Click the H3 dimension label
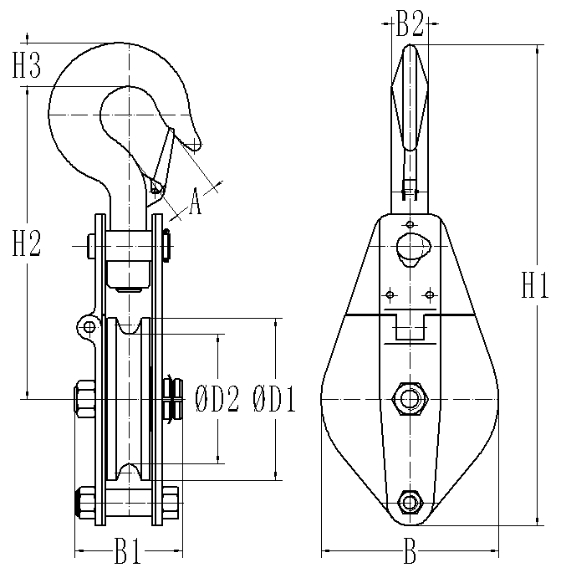coord(26,65)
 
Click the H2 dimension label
coord(26,243)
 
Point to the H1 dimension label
coord(535,285)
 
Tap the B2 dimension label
coord(410,23)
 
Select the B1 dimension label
coord(128,550)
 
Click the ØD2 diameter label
coord(217,399)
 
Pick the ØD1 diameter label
coord(274,399)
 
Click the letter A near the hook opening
coord(195,202)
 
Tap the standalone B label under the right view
coord(410,550)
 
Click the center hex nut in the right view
coord(410,399)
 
